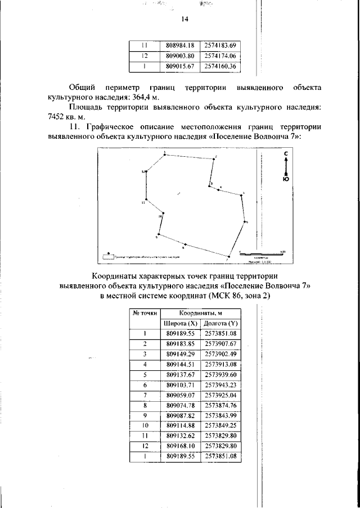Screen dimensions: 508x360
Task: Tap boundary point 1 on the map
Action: click(x=164, y=154)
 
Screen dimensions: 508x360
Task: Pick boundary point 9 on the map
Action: click(x=159, y=234)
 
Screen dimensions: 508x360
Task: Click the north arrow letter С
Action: click(x=286, y=153)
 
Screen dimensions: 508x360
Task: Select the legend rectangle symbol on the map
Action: click(x=107, y=257)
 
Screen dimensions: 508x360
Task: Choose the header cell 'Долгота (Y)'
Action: click(x=222, y=324)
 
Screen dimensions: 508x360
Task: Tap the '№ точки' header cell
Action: click(x=145, y=314)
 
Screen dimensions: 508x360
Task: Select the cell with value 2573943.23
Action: click(x=222, y=385)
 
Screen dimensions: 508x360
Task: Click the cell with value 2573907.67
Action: click(x=222, y=344)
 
